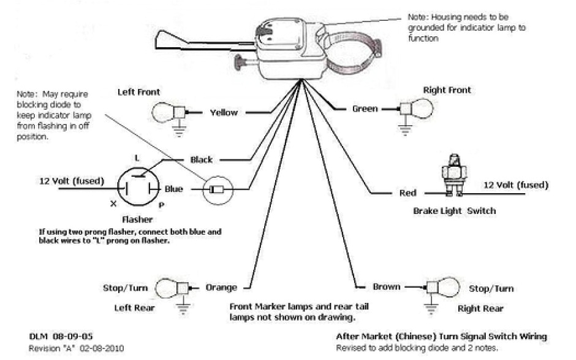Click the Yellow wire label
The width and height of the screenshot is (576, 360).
[224, 113]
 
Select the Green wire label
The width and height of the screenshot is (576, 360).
[365, 109]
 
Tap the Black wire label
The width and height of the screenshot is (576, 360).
[202, 159]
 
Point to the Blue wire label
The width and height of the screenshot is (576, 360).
[173, 190]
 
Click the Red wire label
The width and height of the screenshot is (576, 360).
[407, 193]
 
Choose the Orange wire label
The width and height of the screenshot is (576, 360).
[221, 287]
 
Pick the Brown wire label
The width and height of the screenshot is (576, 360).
[387, 286]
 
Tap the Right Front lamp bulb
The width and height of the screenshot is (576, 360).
[420, 109]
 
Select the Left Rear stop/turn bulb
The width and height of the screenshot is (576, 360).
[169, 287]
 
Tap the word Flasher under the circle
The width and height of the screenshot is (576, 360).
[137, 219]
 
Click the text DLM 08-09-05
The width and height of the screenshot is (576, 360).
[53, 337]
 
